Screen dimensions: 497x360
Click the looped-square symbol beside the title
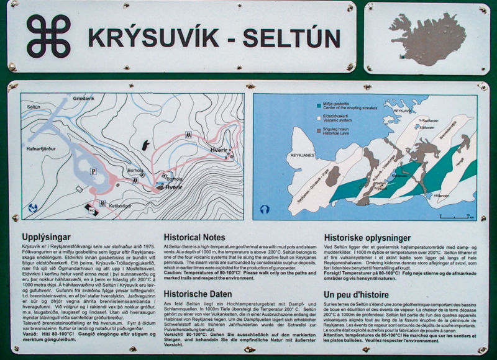pyautogui.click(x=48, y=36)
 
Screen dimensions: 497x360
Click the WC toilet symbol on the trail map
pyautogui.click(x=91, y=209)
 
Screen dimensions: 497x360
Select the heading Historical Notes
pyautogui.click(x=194, y=237)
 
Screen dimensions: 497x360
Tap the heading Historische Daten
pyautogui.click(x=198, y=294)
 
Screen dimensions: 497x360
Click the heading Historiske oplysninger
pyautogui.click(x=368, y=237)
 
